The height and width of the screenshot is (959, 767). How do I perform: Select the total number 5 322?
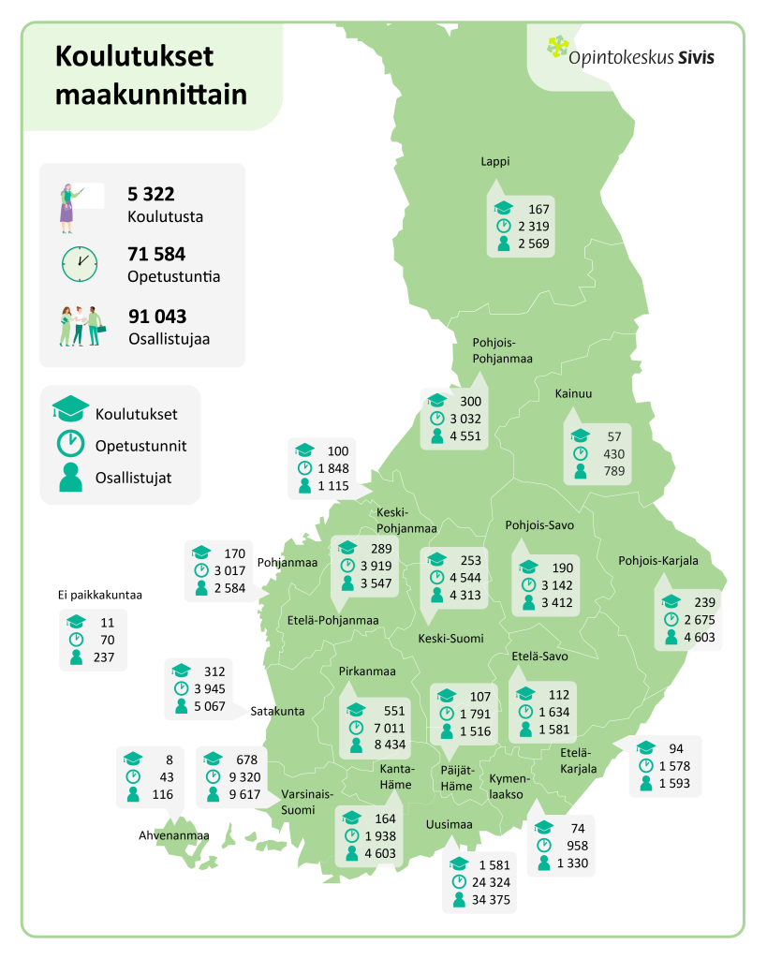[x=151, y=194]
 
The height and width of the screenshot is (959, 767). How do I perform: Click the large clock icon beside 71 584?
[x=80, y=263]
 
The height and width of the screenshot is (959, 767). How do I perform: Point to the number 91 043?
[x=157, y=317]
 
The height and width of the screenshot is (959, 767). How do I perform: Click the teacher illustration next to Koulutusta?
[x=69, y=206]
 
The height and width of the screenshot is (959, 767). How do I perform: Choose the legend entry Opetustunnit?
[x=140, y=446]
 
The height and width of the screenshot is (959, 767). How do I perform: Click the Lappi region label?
[x=495, y=161]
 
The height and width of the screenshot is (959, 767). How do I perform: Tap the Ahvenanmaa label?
[x=173, y=835]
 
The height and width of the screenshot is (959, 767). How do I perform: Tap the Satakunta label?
[x=277, y=712]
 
